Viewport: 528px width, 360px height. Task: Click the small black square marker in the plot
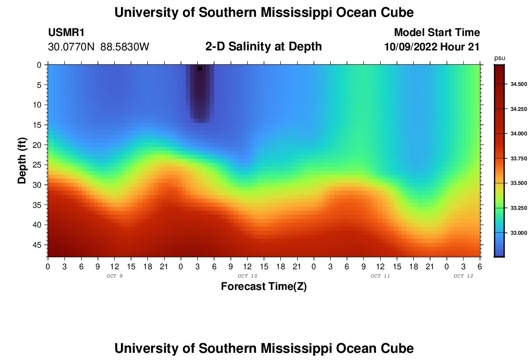200,69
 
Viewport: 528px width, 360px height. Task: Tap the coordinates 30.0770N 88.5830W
99,47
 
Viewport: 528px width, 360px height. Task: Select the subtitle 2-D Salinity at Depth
264,47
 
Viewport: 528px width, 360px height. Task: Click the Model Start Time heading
437,33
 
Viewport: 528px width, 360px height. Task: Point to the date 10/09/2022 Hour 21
432,47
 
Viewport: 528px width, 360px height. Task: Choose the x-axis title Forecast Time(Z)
264,287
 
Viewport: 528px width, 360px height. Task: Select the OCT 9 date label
114,276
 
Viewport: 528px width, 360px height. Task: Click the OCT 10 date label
248,276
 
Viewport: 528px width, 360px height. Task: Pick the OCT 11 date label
380,276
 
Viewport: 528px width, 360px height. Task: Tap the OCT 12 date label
463,276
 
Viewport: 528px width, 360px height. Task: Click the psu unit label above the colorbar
499,58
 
